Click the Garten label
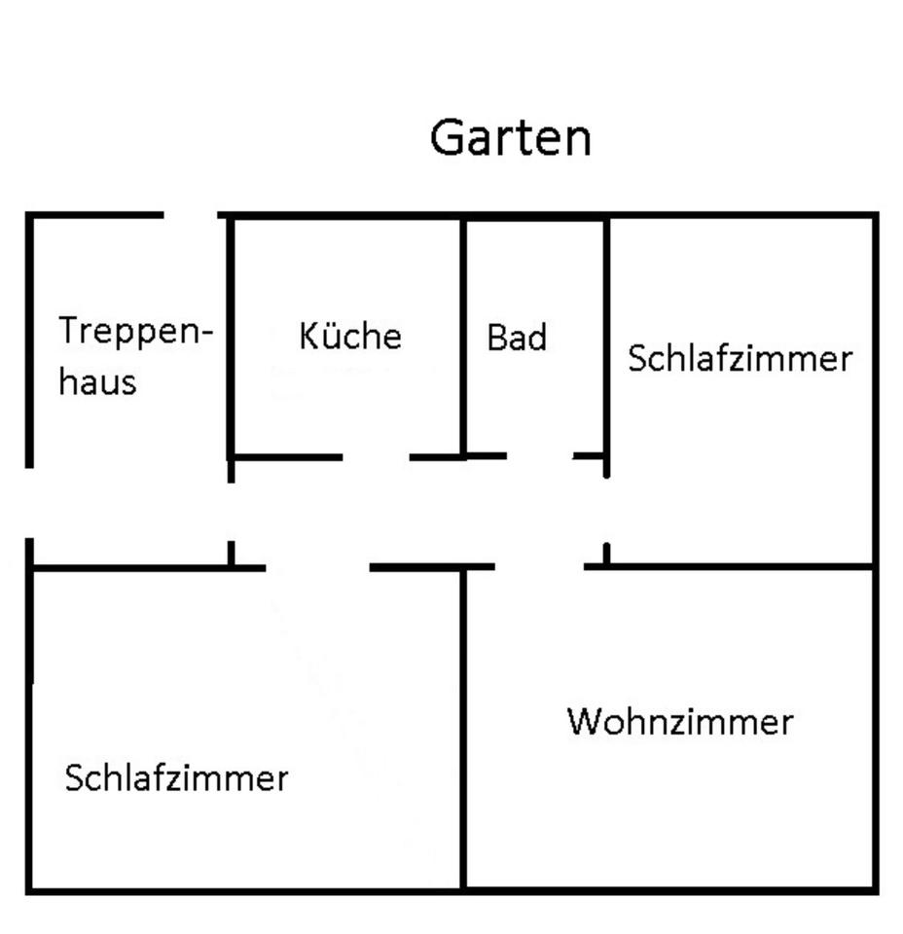510,137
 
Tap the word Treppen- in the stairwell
135,332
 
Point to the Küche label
349,336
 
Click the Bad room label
517,338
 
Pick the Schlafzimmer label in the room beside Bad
740,358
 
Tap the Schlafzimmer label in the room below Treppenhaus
176,778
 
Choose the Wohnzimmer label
680,722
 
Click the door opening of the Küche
376,455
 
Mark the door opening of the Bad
539,455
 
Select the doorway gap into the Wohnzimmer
539,565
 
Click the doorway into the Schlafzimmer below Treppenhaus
317,567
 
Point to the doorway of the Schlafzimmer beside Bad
606,510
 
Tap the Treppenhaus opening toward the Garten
191,214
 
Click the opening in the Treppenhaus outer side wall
29,502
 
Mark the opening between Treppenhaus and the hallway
231,511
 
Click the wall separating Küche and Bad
463,336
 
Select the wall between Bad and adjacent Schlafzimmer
606,336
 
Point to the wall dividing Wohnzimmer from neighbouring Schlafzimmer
463,730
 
